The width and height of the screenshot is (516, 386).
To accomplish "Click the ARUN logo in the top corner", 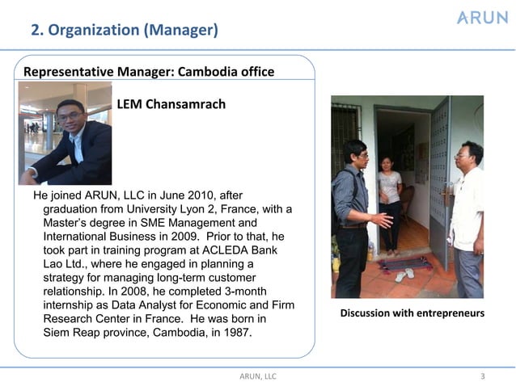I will point(482,18).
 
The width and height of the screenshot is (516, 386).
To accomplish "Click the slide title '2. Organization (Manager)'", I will point(124,31).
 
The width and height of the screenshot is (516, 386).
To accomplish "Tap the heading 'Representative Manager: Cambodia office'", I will point(149,72).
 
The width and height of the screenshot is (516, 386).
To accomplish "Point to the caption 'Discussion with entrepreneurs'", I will point(412,313).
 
